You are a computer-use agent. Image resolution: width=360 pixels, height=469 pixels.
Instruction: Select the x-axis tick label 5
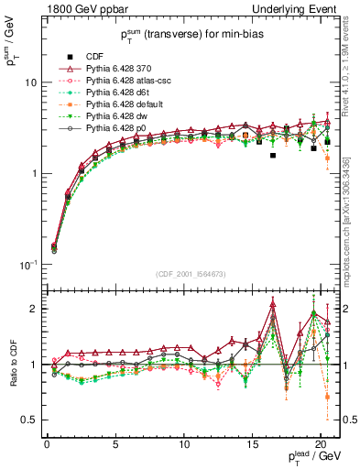coord(115,444)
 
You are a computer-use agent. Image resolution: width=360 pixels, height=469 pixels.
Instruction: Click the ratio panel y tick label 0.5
coord(32,420)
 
